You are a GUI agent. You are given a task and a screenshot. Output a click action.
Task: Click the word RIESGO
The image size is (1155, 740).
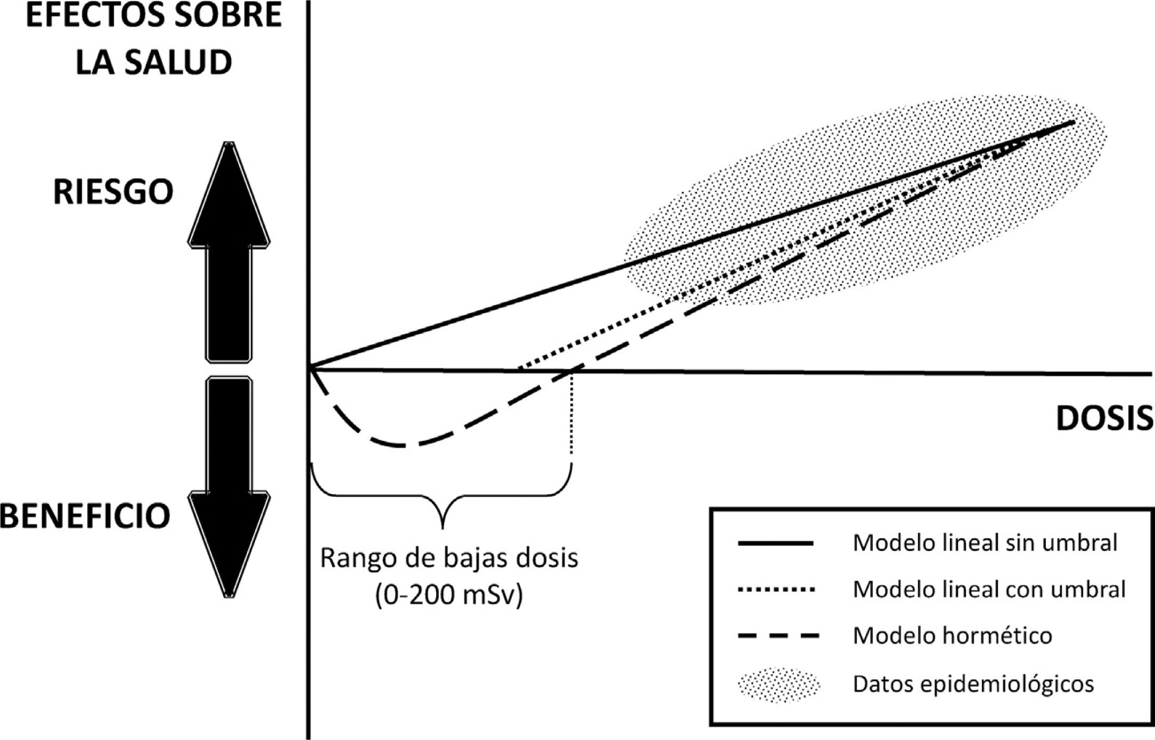pos(113,192)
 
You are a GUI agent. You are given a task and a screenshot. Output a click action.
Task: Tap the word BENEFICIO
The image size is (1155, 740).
pos(85,516)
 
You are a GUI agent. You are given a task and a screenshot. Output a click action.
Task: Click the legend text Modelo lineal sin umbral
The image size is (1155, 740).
pos(985,543)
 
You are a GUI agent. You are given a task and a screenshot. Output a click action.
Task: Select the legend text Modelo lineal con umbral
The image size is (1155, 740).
pos(989,589)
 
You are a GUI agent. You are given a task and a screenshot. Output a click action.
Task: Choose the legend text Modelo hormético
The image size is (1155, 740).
pos(952,636)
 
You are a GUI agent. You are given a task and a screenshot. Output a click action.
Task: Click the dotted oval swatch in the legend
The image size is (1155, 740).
pos(778,684)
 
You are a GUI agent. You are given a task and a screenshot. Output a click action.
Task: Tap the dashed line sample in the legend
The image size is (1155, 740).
pos(778,636)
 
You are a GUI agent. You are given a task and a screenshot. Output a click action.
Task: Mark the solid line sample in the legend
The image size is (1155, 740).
pos(776,544)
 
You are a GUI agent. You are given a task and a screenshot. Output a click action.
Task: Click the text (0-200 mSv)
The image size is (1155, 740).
pos(449,595)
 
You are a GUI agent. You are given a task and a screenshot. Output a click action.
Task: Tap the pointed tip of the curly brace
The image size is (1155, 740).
pos(443,527)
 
